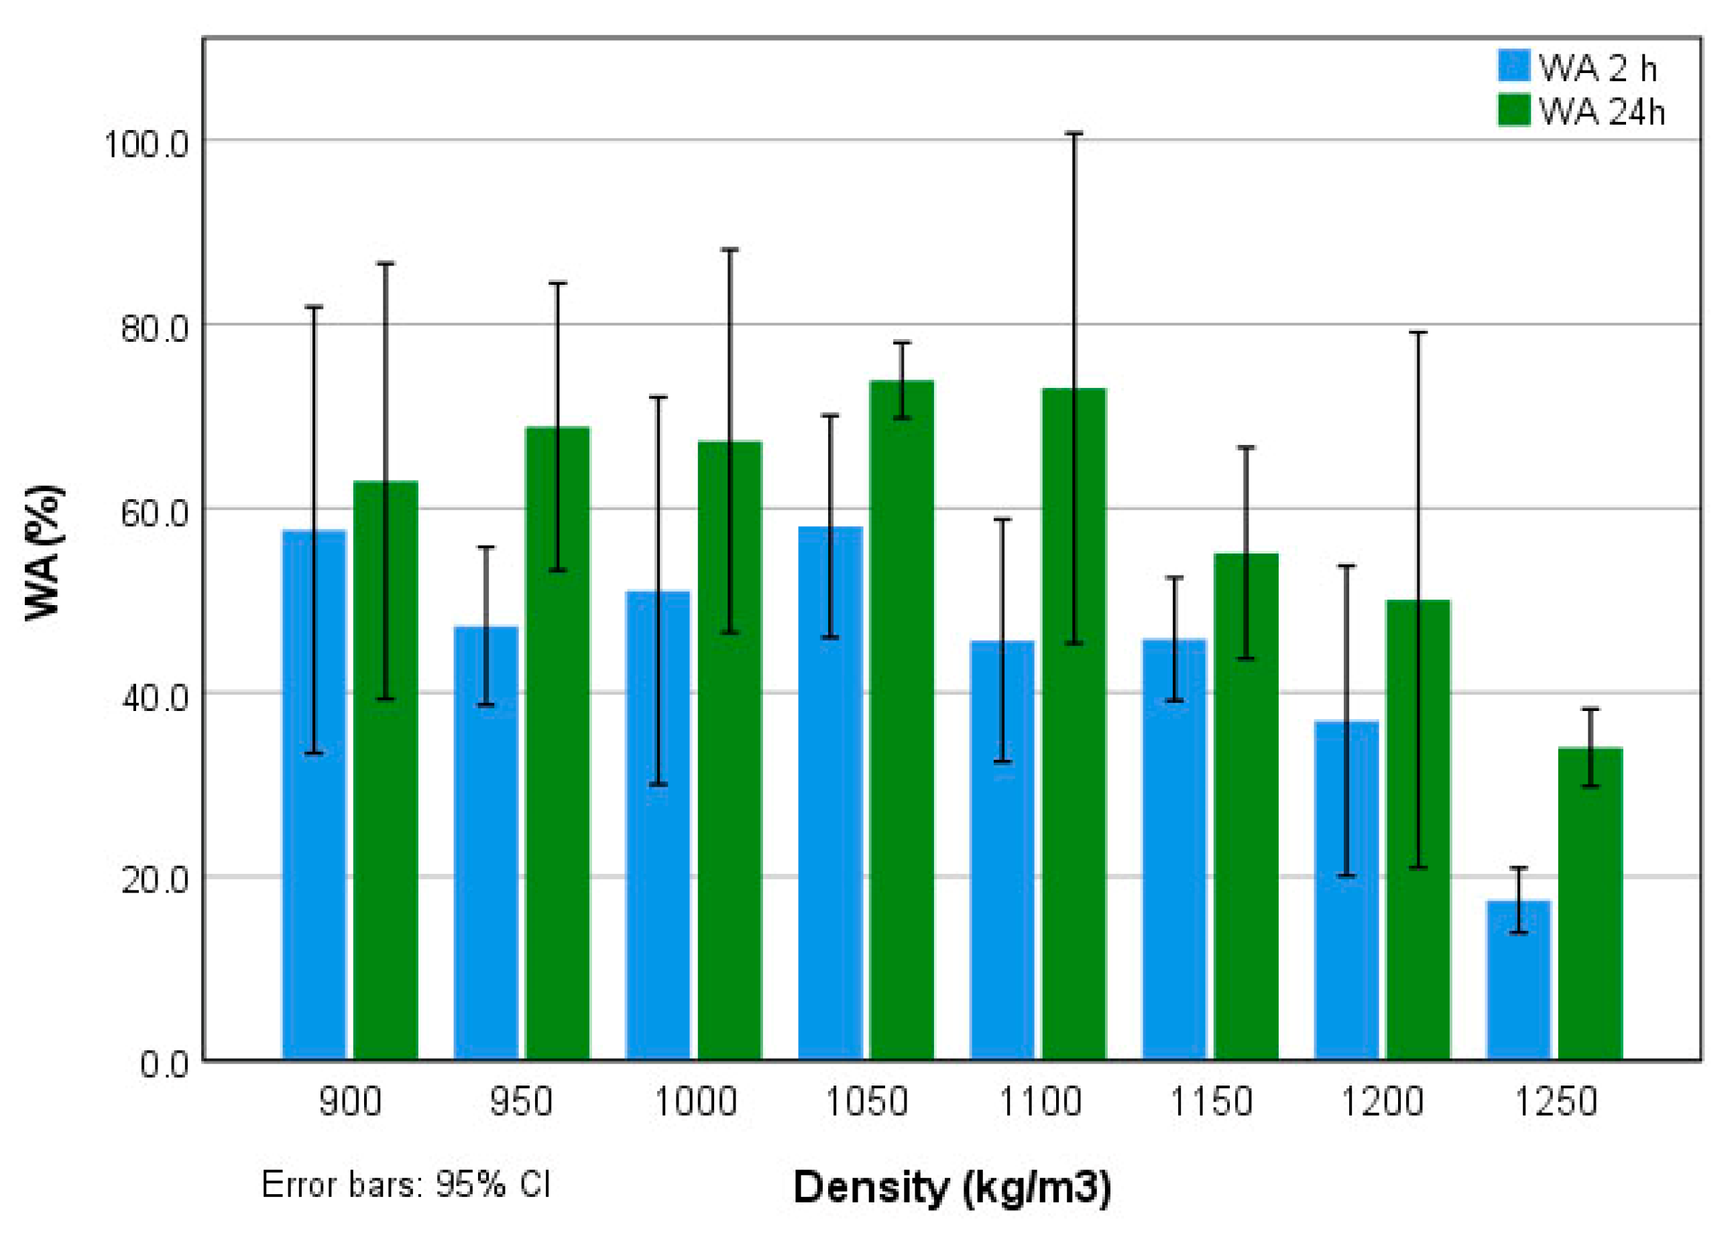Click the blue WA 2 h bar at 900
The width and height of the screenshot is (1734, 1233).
click(314, 797)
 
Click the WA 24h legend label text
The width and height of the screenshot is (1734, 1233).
click(1603, 113)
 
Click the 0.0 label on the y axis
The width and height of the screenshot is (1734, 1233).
click(164, 1063)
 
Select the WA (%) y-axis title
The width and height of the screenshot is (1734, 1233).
click(44, 553)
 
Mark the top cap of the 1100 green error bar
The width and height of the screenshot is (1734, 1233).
click(1074, 133)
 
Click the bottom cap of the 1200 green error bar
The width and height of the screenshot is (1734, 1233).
click(1418, 867)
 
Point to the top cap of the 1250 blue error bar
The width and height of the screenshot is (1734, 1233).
click(1517, 867)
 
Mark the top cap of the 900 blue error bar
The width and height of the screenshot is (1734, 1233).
click(314, 307)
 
